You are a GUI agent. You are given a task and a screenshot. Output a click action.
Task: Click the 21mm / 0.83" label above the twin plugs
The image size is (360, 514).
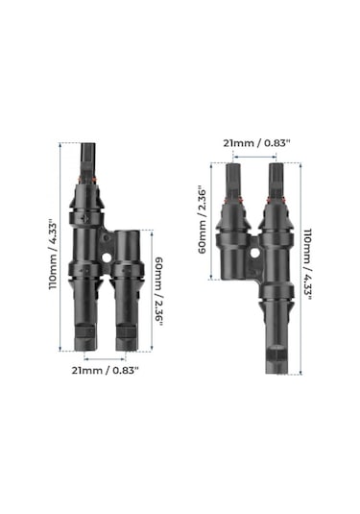[x=256, y=143]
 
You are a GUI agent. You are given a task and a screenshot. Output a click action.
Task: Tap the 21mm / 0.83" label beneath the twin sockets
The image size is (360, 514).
[x=105, y=371]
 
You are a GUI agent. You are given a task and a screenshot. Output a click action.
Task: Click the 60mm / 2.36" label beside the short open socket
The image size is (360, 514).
[x=158, y=291]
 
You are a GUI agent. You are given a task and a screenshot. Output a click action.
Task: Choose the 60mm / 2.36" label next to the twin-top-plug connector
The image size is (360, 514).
[x=203, y=220]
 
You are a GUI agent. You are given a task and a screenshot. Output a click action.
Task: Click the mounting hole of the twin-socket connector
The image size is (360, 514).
[x=106, y=258]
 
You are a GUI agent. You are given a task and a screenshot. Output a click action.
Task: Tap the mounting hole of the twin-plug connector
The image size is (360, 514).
[x=254, y=253]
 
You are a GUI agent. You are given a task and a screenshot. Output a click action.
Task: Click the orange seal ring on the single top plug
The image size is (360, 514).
[x=86, y=180]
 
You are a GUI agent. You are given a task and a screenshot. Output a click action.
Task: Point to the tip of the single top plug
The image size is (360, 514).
[x=88, y=144]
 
